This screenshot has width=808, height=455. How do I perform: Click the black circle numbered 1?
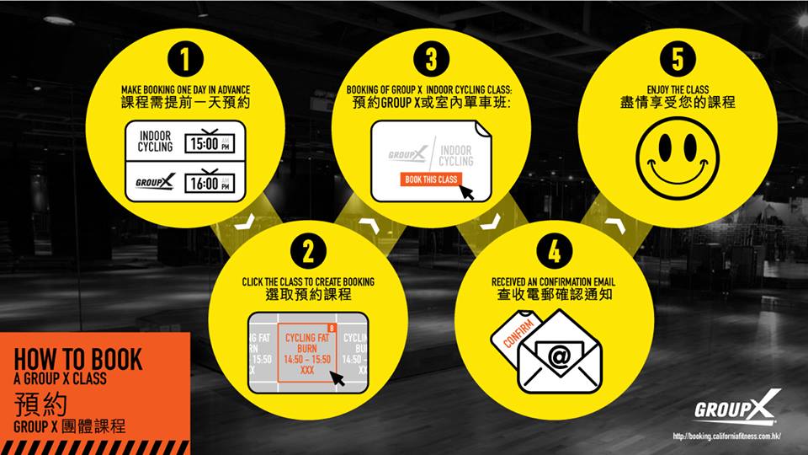[x=185, y=59]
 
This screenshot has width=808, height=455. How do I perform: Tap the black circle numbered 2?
[x=308, y=252]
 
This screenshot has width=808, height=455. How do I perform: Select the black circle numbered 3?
[x=431, y=59]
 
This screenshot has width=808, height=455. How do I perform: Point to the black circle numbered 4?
[x=555, y=252]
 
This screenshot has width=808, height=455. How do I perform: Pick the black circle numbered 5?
[x=678, y=59]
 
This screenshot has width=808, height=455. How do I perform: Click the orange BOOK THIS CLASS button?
[x=431, y=179]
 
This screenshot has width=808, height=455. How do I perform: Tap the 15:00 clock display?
[x=210, y=143]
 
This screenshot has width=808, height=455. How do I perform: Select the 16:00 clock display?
[x=210, y=182]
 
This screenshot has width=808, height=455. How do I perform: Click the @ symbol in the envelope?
[x=560, y=356]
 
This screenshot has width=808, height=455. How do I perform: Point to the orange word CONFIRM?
[x=518, y=334]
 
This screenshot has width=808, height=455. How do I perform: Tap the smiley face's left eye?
[x=665, y=147]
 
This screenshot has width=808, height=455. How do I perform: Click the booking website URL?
[x=726, y=436]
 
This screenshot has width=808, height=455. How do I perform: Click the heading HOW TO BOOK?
[x=77, y=359]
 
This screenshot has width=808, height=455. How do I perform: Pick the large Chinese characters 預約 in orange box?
[x=40, y=404]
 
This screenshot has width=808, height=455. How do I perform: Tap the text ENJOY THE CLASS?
[x=678, y=90]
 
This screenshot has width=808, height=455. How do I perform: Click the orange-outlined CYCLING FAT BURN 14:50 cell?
[x=307, y=353]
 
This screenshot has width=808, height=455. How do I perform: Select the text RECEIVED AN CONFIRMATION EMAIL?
[x=554, y=282]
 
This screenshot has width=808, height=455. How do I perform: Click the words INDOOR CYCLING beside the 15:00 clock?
[x=155, y=142]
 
